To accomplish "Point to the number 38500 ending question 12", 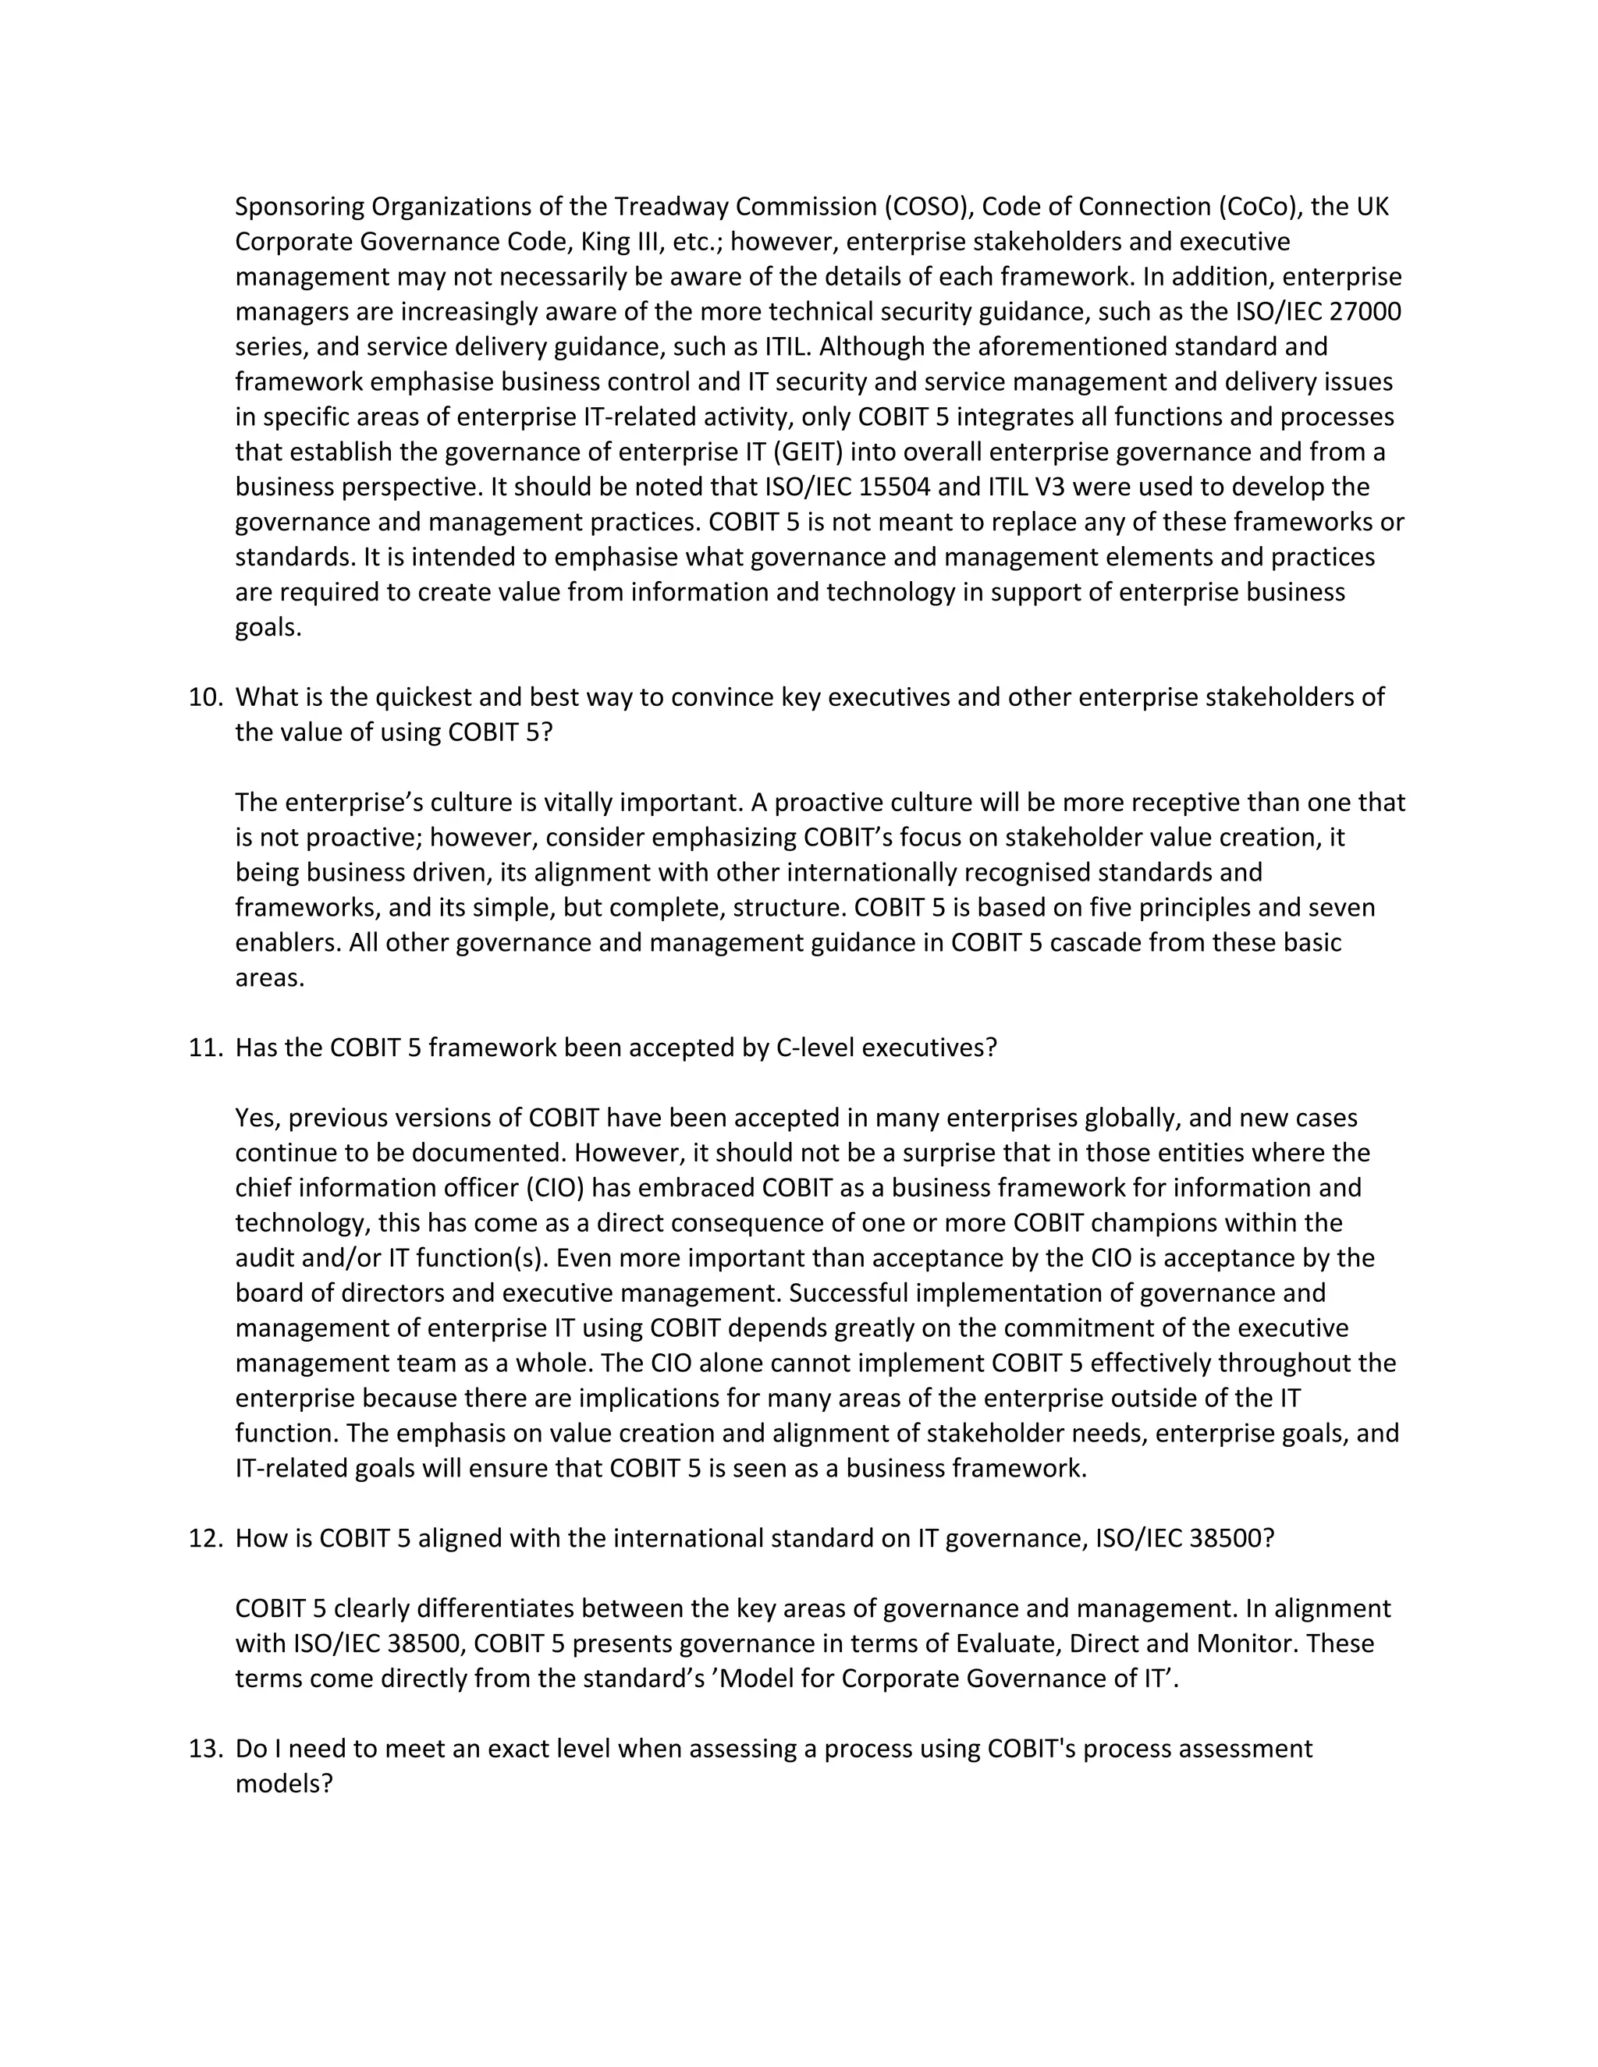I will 1230,1538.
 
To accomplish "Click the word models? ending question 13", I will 284,1783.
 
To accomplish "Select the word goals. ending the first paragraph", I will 268,626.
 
